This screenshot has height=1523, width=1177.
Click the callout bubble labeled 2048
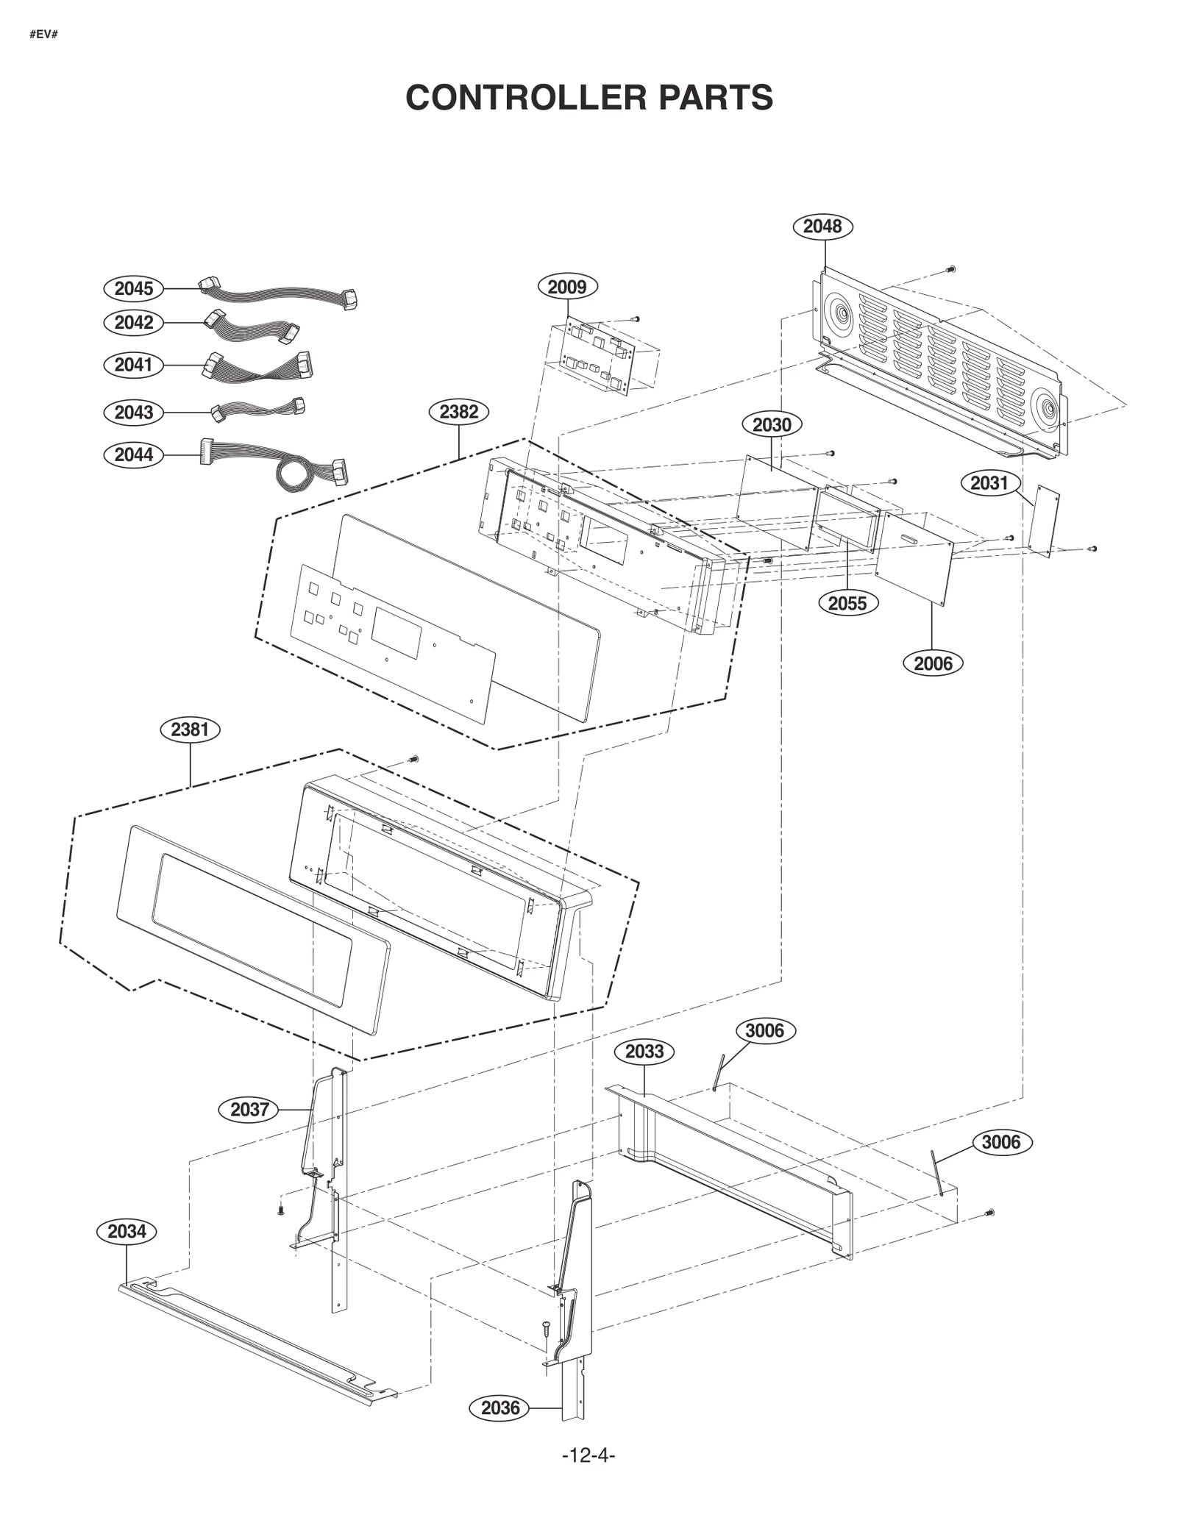822,226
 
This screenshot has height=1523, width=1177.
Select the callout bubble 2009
566,286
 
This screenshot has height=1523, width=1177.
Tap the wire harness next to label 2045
280,294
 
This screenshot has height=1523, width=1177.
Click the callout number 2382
458,412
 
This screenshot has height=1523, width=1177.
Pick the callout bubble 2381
190,730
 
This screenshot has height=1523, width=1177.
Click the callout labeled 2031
989,483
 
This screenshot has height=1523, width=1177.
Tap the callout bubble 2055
847,603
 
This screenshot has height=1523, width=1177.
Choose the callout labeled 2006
932,663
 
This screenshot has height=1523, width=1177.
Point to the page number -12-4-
588,1455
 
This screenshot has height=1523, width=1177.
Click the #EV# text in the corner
43,35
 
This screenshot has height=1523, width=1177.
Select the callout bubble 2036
499,1408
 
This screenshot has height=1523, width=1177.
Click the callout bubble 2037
249,1109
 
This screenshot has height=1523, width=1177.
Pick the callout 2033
644,1052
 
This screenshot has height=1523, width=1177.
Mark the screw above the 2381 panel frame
413,758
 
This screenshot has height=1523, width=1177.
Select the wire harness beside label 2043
257,409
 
